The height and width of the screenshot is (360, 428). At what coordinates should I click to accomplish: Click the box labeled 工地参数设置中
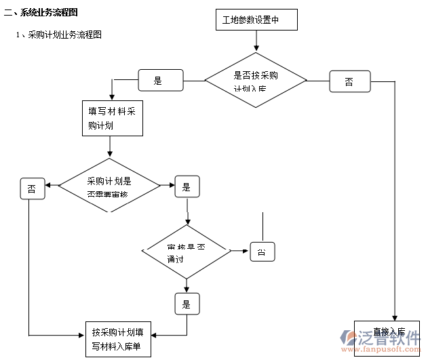click(256, 20)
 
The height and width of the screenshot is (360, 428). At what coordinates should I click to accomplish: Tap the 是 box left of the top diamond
click(160, 81)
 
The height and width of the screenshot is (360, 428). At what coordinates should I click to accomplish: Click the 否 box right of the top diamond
click(349, 81)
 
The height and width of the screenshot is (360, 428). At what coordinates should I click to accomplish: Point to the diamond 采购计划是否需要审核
click(109, 186)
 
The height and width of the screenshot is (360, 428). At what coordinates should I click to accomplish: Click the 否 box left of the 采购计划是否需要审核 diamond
click(33, 188)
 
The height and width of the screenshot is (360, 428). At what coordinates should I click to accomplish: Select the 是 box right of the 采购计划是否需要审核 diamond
click(187, 186)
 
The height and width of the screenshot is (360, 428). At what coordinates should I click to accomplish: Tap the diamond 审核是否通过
click(186, 252)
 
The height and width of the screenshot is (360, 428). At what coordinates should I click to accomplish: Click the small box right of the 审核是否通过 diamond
click(262, 252)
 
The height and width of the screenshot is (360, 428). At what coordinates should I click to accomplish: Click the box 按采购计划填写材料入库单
click(117, 339)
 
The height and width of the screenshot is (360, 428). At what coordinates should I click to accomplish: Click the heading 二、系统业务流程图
click(41, 12)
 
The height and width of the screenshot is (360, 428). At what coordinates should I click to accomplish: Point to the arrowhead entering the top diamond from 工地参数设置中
click(256, 49)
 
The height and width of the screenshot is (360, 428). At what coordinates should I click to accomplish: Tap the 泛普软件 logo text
click(393, 336)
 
